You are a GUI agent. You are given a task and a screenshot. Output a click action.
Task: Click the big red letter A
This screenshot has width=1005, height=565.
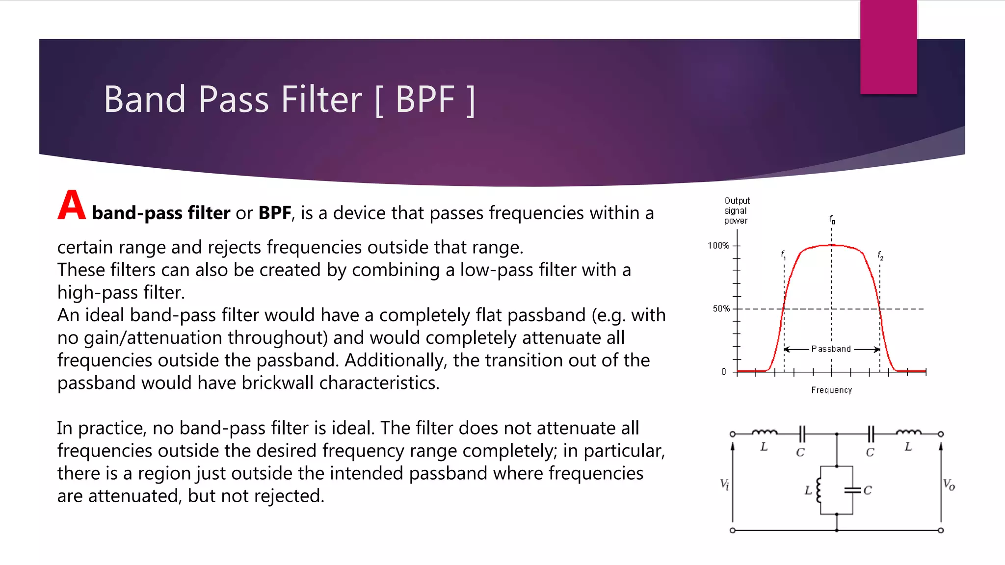point(72,205)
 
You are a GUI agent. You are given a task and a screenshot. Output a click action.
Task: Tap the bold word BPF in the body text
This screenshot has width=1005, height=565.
point(275,213)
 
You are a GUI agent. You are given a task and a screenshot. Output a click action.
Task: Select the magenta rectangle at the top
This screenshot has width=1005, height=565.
point(888,47)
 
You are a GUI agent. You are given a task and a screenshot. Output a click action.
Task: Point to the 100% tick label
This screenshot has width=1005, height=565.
point(718,245)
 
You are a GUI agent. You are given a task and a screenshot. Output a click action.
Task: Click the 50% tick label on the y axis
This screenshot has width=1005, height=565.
point(721,308)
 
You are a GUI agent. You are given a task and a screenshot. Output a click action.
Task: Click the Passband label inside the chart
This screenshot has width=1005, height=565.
point(831,349)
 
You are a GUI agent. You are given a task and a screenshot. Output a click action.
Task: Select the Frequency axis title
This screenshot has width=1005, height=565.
point(831,390)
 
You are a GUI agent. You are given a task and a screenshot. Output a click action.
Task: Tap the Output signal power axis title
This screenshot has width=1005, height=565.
point(736,210)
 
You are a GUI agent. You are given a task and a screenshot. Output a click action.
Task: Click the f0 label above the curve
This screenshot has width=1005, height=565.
point(832,219)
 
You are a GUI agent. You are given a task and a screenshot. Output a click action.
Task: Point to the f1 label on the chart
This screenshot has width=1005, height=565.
point(783,255)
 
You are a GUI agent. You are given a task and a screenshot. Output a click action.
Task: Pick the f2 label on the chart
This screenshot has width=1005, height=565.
point(880,255)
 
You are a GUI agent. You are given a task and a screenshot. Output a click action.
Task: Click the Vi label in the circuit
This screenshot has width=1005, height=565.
point(724,485)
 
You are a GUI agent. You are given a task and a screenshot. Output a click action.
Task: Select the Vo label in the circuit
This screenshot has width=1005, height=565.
point(949,485)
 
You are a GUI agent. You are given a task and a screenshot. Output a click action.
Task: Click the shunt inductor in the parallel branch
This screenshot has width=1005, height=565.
point(819,490)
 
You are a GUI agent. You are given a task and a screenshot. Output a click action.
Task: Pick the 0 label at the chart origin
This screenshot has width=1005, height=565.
point(723,372)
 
